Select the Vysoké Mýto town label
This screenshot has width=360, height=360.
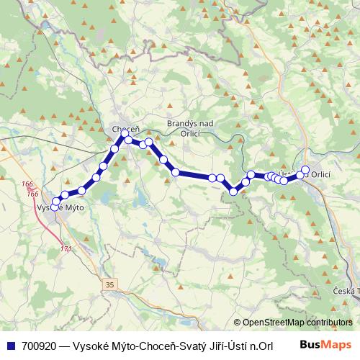pos(60,207)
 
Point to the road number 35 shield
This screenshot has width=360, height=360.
pos(109,285)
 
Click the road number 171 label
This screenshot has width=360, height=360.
pos(66,249)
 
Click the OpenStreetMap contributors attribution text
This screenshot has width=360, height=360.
pos(297,323)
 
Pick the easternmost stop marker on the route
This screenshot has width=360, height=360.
pos(305,170)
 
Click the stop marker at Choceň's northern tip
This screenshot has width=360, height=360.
pos(125,133)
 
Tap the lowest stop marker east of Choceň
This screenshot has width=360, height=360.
pos(233,191)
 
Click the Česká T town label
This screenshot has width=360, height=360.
pos(347,290)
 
